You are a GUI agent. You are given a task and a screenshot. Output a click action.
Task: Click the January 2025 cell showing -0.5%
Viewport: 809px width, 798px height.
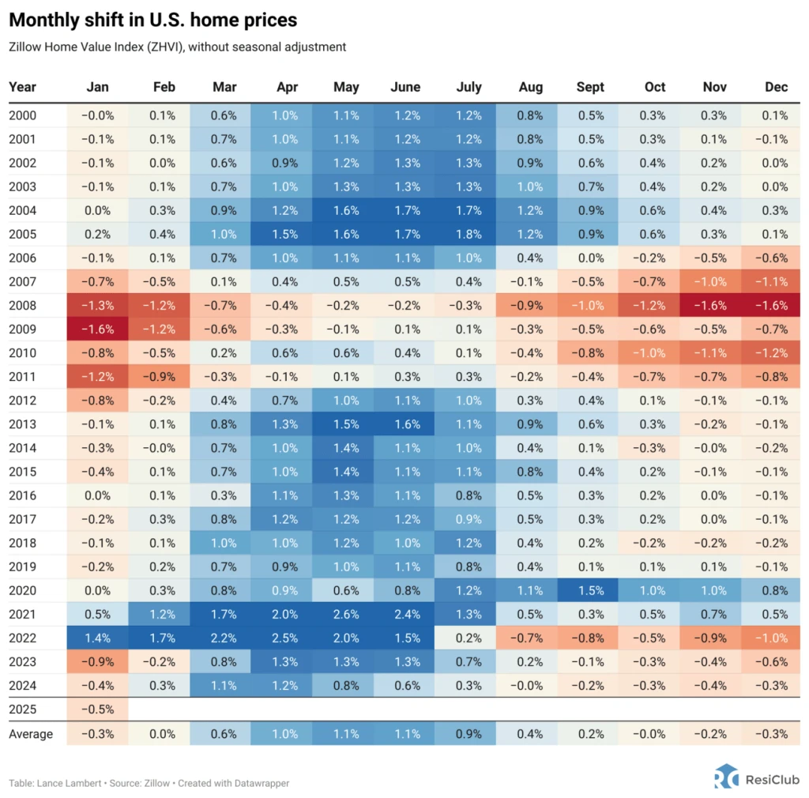[x=97, y=710]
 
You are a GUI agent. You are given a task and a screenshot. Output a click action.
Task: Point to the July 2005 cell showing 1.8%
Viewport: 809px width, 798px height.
[x=468, y=235]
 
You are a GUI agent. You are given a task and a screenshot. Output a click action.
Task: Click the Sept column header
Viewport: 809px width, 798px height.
[x=590, y=87]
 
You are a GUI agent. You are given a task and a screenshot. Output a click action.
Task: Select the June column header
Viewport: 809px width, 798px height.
[x=405, y=87]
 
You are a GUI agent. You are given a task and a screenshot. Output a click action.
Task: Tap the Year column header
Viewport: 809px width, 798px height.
[x=22, y=87]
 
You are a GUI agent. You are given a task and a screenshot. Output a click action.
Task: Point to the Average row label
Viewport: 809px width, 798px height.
[x=31, y=734]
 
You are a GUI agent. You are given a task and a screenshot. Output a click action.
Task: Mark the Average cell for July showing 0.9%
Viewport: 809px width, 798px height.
[x=468, y=734]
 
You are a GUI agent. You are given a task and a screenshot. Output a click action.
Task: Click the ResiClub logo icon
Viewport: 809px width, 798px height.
[x=726, y=777]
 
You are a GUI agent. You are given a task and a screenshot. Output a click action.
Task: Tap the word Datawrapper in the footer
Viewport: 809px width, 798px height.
[x=262, y=783]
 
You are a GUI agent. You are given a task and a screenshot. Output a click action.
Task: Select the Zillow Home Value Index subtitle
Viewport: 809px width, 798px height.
[x=177, y=47]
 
